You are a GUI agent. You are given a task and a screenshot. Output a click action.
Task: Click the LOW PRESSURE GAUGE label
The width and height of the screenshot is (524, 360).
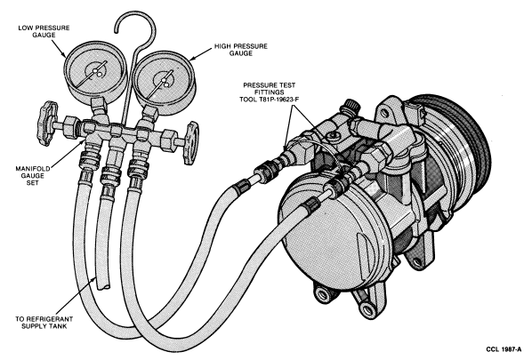[x=44, y=31]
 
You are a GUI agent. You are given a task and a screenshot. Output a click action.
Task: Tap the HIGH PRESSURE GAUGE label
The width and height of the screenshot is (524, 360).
[x=240, y=50]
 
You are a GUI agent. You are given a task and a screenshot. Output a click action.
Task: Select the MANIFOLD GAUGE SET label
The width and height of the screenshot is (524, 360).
[x=33, y=176]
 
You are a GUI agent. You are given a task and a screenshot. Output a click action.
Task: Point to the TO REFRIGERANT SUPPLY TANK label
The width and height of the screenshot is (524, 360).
[x=44, y=323]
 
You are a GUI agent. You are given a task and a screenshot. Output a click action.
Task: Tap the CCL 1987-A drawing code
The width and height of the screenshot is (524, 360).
[x=504, y=349]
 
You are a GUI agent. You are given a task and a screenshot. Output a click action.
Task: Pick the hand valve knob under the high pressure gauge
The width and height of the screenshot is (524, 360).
[x=192, y=142]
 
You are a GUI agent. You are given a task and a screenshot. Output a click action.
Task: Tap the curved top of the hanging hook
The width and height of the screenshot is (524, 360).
[x=135, y=14]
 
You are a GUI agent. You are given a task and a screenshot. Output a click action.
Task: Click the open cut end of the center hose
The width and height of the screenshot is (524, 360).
[x=103, y=285]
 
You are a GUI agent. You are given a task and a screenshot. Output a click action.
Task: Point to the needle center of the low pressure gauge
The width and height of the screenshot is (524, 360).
[x=95, y=71]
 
